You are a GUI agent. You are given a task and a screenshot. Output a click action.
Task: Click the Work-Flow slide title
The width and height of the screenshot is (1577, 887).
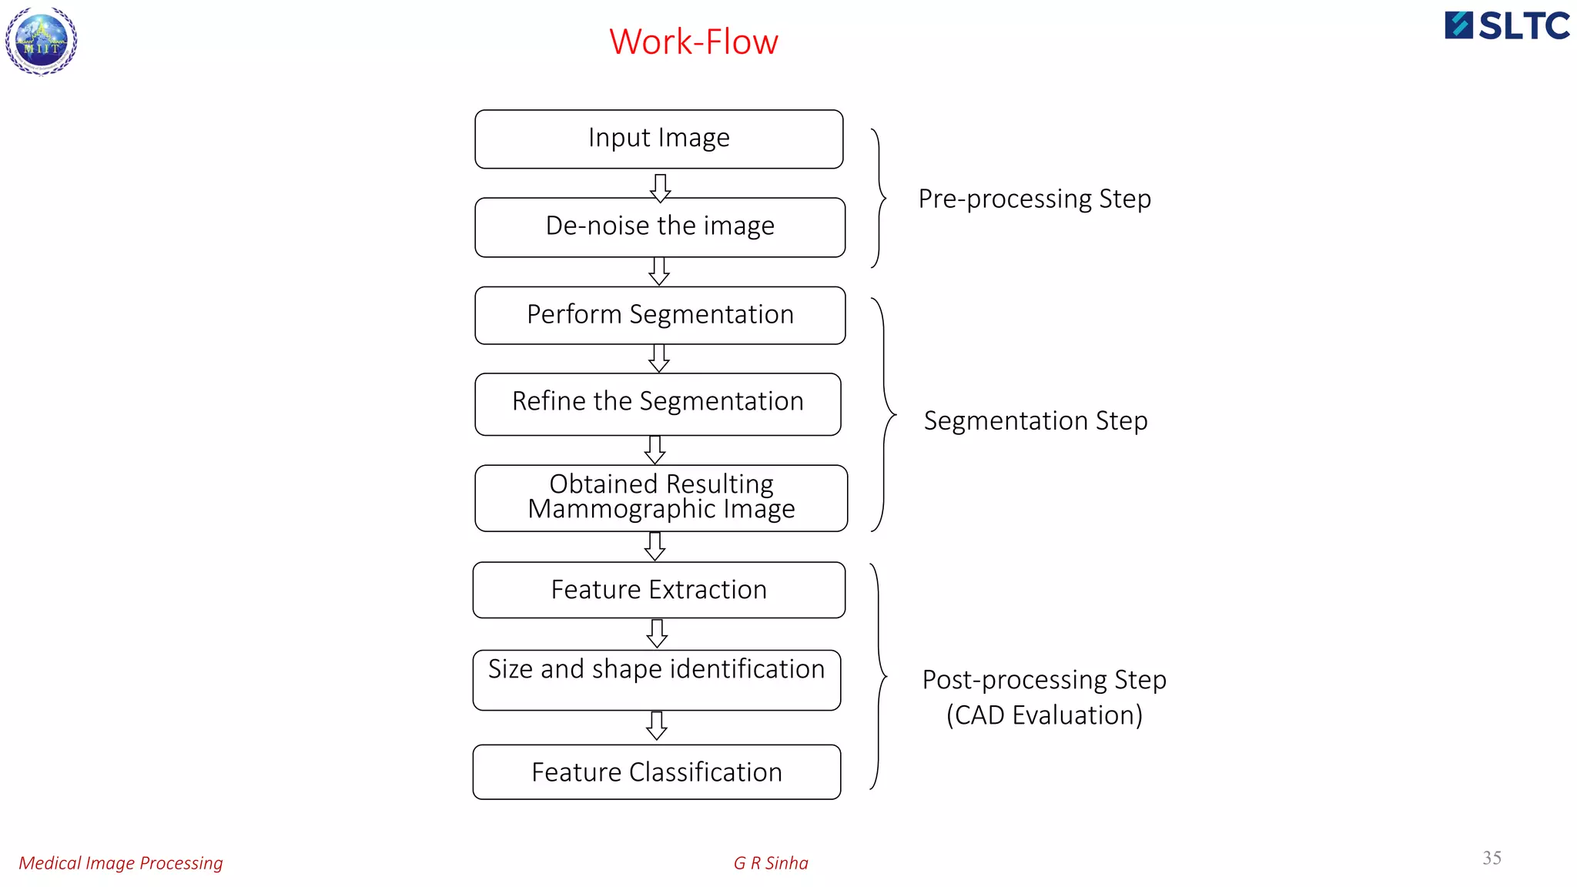[x=693, y=42]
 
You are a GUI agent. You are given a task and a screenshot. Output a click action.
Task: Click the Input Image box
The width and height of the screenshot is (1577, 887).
[x=658, y=139]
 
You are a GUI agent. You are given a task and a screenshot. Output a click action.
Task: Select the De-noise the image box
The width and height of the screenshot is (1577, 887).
[x=659, y=226]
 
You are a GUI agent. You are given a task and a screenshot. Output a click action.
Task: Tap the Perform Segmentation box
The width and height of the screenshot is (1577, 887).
[x=659, y=315]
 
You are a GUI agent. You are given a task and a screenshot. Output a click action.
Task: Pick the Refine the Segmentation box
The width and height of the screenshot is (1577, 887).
[x=657, y=403]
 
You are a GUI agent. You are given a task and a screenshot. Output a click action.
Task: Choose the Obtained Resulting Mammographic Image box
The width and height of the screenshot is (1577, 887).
[x=661, y=497]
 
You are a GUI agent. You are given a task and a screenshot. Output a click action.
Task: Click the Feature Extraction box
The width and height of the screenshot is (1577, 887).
[x=658, y=590]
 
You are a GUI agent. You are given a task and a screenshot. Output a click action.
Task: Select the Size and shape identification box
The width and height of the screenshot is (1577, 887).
[x=656, y=679]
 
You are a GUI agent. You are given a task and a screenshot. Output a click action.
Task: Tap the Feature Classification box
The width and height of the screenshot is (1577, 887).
[x=656, y=772]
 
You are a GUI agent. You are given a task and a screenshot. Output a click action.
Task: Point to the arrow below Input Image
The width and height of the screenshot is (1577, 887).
[x=660, y=187]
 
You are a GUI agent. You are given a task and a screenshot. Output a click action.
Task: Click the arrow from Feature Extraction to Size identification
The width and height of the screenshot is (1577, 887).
[x=657, y=633]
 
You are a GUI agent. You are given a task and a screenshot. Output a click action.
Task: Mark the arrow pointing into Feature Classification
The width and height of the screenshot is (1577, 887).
[x=657, y=725]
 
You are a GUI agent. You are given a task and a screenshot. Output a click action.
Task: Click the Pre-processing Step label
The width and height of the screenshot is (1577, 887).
[x=1034, y=199]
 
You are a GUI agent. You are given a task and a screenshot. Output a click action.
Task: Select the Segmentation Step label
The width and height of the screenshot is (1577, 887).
[x=1035, y=420]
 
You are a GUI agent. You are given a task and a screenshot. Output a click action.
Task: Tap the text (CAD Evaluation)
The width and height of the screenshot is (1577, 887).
[x=1043, y=715]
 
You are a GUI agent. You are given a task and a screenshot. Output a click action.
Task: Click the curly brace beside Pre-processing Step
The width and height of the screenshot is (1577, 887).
[x=879, y=199]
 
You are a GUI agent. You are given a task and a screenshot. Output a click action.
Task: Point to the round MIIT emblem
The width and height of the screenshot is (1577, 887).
[x=42, y=42]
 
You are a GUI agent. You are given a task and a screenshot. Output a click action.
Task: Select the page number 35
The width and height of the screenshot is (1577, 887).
[x=1492, y=858]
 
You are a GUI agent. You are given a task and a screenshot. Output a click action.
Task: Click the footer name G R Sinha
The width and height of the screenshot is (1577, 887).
[x=770, y=863]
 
